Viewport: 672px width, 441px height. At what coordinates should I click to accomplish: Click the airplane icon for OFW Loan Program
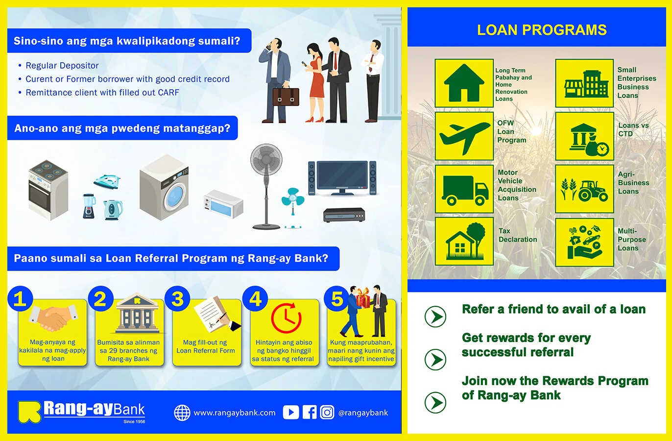click(x=464, y=136)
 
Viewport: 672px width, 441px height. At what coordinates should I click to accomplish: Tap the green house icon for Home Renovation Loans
click(x=464, y=83)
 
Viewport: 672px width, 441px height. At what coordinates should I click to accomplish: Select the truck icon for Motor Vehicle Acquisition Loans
click(x=464, y=189)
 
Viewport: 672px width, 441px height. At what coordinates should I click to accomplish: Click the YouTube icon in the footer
click(x=290, y=413)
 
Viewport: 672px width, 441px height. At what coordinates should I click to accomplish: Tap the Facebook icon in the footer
click(x=310, y=413)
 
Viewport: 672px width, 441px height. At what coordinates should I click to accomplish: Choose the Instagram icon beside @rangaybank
click(x=327, y=413)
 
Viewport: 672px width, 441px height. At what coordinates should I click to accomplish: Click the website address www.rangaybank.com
click(x=234, y=413)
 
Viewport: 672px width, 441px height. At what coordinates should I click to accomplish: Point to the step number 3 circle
click(x=177, y=299)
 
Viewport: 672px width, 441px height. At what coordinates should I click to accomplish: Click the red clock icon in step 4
click(x=286, y=318)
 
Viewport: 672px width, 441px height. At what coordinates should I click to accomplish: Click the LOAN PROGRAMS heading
click(x=542, y=30)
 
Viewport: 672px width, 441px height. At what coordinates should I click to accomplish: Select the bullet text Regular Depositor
click(x=62, y=66)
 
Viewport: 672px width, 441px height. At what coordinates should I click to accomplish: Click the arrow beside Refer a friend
click(x=435, y=317)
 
